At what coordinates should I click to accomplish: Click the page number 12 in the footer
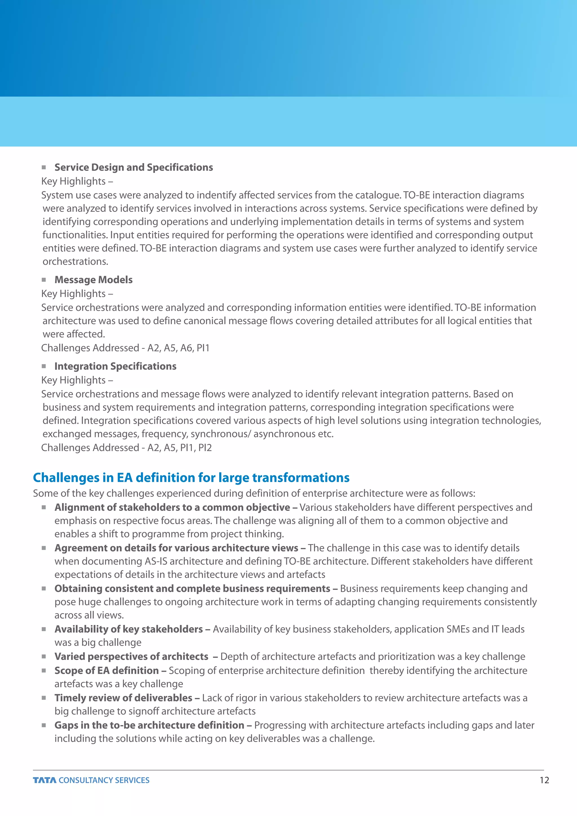click(544, 780)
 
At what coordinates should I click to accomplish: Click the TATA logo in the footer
click(45, 780)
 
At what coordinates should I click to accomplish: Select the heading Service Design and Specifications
click(134, 167)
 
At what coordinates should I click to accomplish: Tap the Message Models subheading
click(94, 280)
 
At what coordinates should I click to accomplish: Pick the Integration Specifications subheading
click(115, 366)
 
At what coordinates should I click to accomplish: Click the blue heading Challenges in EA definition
click(191, 477)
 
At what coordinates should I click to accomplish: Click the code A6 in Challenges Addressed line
click(186, 348)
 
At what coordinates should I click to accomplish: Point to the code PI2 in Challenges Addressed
click(205, 447)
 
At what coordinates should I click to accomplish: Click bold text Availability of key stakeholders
click(128, 629)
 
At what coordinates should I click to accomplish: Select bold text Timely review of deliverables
click(123, 698)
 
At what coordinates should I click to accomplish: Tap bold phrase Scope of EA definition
click(106, 670)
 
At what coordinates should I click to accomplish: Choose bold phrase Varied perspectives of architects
click(131, 657)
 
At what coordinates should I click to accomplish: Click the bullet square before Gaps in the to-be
click(44, 725)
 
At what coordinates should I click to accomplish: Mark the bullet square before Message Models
click(44, 280)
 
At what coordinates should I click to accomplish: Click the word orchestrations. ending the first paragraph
click(75, 261)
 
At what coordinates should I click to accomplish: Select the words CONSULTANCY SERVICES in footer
click(104, 780)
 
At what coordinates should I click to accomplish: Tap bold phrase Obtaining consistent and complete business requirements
click(192, 589)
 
